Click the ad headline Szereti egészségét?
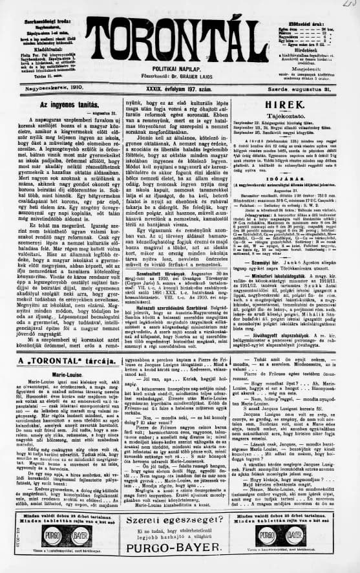coord(179,522)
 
